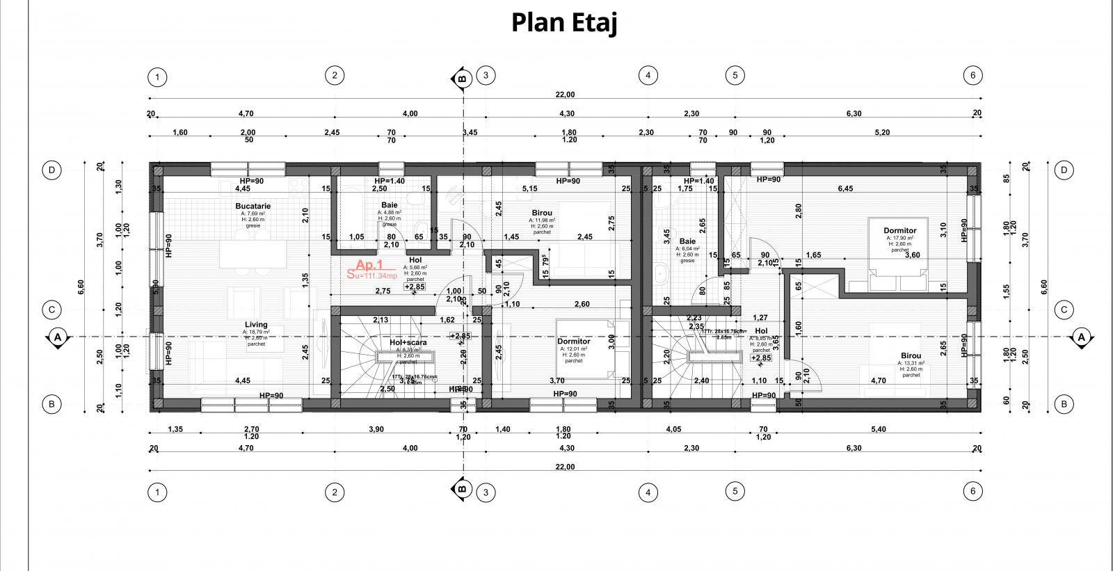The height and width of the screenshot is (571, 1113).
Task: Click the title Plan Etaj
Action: coord(564,22)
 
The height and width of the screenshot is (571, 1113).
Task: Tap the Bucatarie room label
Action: coord(253,206)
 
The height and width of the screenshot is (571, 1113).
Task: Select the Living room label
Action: coord(256,325)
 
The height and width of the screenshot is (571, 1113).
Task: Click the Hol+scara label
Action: coord(408,342)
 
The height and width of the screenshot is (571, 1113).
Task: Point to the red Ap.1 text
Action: coord(369,265)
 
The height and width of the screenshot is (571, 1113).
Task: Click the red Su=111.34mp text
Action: coord(372,275)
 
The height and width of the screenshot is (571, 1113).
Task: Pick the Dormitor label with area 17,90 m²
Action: coord(899,230)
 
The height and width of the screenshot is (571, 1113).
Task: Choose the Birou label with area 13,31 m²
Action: coord(911,355)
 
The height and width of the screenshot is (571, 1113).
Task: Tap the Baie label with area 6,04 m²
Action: coord(687,241)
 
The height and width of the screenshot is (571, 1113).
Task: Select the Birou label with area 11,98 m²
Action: coord(541,213)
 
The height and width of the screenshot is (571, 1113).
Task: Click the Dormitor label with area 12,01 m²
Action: coord(573,341)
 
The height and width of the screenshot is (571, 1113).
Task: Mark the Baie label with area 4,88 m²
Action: coord(389,205)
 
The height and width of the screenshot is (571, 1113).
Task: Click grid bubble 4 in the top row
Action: coord(648,75)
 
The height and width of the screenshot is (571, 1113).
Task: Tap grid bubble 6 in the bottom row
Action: coord(972,491)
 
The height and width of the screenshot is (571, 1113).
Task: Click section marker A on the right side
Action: coord(1081,337)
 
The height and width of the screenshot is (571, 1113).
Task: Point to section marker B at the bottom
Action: coord(461,489)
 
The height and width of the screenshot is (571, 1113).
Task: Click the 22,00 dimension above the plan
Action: coord(565,95)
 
